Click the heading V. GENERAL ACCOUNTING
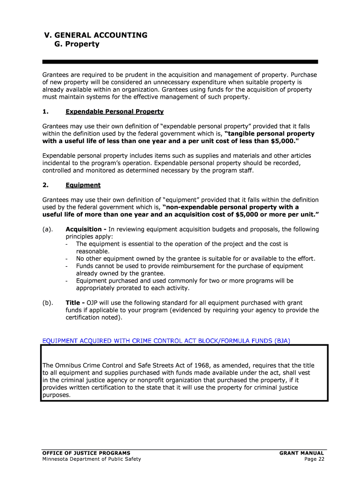(95, 35)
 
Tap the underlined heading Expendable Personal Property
(115, 112)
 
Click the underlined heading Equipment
(83, 185)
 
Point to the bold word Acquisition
(85, 229)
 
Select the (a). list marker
(47, 229)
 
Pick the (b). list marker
(47, 302)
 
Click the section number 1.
(45, 112)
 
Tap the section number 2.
(45, 185)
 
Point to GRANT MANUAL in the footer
(302, 453)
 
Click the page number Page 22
(314, 459)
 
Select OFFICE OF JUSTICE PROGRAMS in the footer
(86, 453)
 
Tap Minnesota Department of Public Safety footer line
(91, 459)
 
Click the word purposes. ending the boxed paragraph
(57, 395)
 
